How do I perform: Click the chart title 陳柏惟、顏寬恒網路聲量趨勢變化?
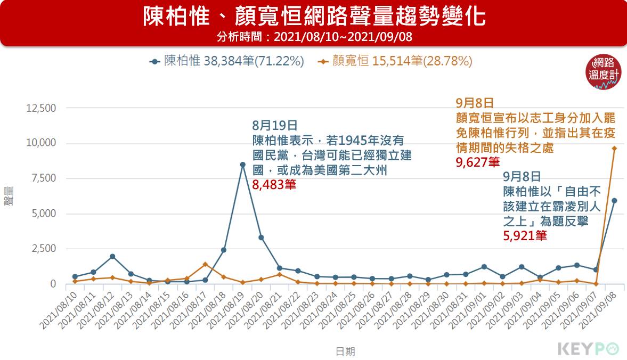314,17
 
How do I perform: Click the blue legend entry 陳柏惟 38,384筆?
226,61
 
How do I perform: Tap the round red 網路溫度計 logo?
604,71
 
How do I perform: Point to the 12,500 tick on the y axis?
41,108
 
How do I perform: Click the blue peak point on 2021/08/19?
242,165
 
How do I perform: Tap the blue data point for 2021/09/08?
614,201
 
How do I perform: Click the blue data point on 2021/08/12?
112,256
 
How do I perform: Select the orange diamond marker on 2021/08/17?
205,264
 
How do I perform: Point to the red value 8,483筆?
274,185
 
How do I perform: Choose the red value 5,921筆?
525,235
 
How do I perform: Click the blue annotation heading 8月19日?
274,126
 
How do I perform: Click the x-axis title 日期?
345,351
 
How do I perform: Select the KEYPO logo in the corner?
589,349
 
